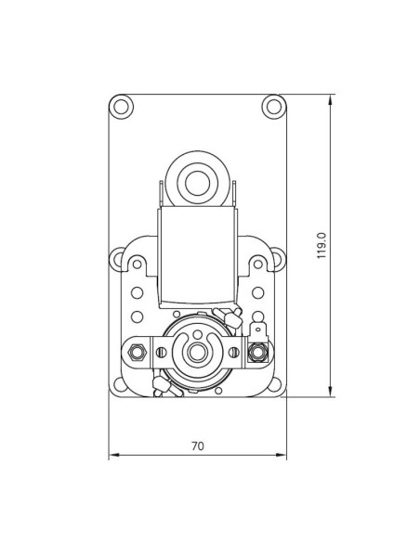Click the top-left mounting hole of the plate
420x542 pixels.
(x=121, y=106)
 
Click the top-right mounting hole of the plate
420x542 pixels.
(x=273, y=106)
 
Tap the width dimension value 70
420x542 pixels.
(x=197, y=445)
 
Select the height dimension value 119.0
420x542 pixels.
(x=322, y=245)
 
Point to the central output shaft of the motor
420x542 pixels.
(x=197, y=352)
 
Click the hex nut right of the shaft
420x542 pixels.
(x=257, y=352)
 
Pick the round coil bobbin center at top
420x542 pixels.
(x=197, y=182)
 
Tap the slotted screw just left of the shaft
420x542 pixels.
(x=163, y=352)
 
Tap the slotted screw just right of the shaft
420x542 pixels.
(x=232, y=352)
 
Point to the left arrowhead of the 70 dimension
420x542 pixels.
(x=112, y=456)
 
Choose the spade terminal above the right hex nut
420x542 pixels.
(x=257, y=329)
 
